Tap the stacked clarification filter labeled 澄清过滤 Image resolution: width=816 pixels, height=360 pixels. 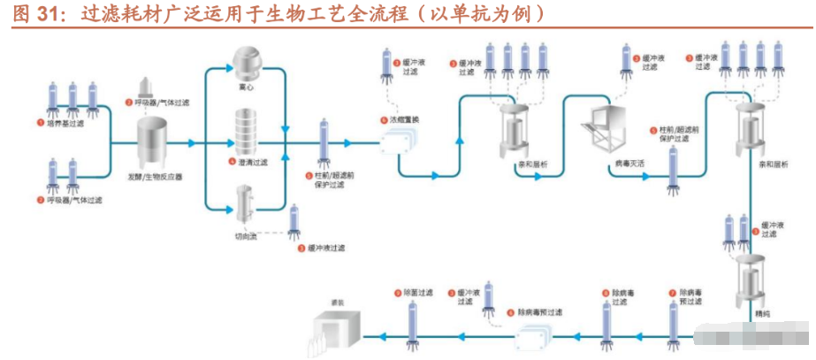click(245, 130)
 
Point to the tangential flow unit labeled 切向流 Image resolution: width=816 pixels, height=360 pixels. click(244, 202)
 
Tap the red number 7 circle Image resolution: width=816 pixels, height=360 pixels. click(672, 292)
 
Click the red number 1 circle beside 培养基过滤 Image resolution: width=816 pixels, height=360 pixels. click(40, 124)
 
